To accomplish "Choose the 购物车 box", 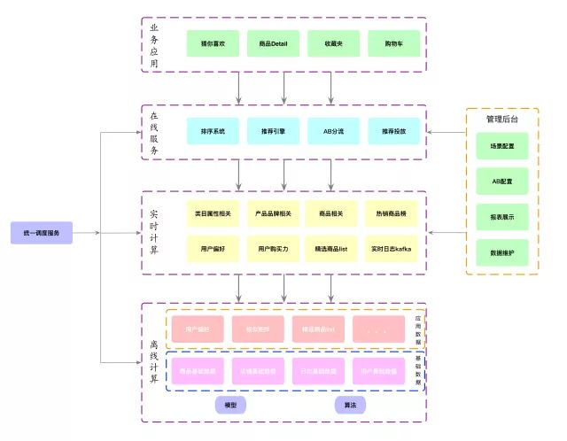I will point(392,43).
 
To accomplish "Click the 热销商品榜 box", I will point(391,213).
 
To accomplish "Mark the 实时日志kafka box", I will point(391,249).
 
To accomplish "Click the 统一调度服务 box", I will point(42,233).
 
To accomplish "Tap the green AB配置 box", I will point(502,181).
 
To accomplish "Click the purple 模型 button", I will point(230,405).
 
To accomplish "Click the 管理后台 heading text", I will point(501,119).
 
